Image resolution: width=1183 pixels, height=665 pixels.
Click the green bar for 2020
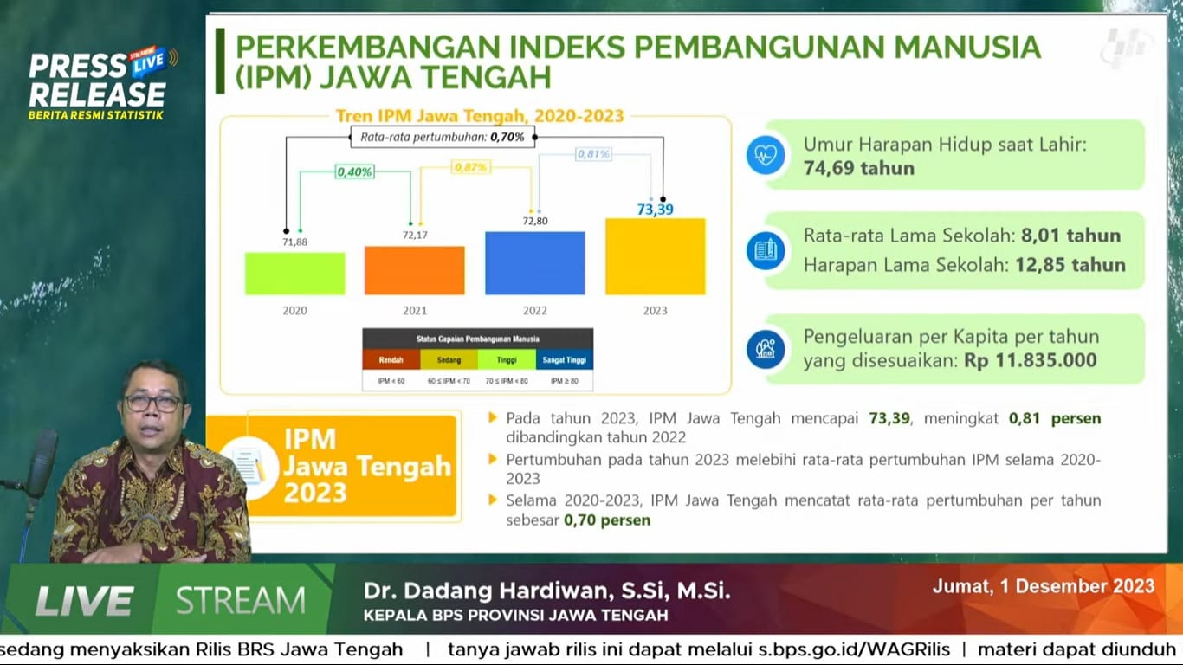click(x=294, y=274)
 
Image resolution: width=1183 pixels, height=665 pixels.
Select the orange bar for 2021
click(x=414, y=270)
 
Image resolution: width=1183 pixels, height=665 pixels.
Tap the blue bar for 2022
click(x=534, y=263)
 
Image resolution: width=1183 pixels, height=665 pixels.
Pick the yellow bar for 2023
click(x=655, y=256)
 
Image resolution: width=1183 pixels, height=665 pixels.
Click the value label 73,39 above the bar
click(x=655, y=210)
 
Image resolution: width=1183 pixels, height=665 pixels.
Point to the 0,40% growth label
click(x=355, y=172)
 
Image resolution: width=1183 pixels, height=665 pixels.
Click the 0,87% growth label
click(x=470, y=167)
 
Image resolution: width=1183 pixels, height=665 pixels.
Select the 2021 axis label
click(x=415, y=310)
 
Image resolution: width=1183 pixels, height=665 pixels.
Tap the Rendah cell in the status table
click(x=391, y=359)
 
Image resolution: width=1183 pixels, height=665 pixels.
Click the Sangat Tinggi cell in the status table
click(x=564, y=359)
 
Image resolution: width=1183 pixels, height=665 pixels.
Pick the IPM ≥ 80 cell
click(x=564, y=381)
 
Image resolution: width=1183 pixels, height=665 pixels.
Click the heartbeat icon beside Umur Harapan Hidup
click(x=766, y=156)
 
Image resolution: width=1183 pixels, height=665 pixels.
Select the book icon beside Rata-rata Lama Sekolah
click(x=766, y=251)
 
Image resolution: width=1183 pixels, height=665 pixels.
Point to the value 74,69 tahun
click(x=858, y=168)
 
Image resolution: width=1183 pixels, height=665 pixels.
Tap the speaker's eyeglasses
click(x=152, y=403)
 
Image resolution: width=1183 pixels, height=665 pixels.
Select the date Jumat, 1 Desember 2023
click(x=1043, y=586)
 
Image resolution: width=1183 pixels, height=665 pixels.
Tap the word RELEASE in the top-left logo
click(x=96, y=94)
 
